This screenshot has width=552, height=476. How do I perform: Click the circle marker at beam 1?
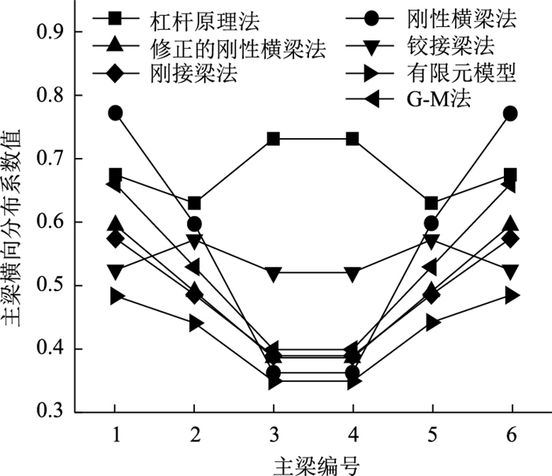click(x=115, y=114)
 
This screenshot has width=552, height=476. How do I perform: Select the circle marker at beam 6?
click(x=511, y=114)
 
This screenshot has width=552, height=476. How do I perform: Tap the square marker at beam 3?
click(x=274, y=140)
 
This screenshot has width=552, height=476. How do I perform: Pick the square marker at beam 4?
click(x=352, y=140)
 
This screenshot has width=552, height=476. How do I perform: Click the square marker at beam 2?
click(x=194, y=204)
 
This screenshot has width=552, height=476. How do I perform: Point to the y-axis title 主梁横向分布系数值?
click(x=14, y=221)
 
